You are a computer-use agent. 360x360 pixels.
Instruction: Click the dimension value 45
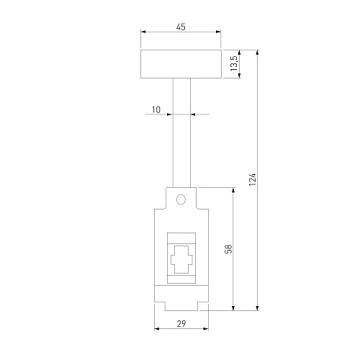point(181,27)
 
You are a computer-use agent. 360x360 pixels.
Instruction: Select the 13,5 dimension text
point(234,63)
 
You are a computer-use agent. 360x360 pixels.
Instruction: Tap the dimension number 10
point(156,109)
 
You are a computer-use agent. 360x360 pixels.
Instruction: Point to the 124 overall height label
point(253,179)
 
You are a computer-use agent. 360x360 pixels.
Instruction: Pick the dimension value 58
point(229,249)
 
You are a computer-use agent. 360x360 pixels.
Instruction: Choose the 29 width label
point(181,324)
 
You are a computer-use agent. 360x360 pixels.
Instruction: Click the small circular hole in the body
point(181,199)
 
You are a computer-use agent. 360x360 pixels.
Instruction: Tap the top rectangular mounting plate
point(181,64)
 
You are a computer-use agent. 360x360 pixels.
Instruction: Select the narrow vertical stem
point(181,132)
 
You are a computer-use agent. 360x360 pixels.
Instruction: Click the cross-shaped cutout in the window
point(181,260)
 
